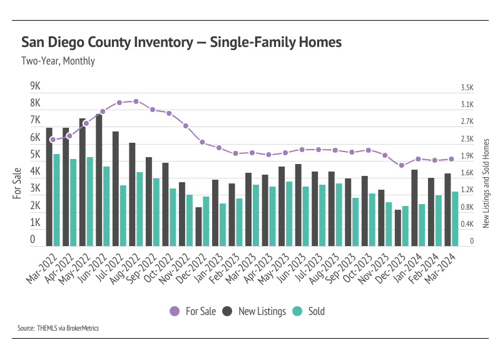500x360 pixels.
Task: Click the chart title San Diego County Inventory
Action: tap(181, 43)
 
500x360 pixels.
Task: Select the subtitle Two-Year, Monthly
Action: tap(58, 61)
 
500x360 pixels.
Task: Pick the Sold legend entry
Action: tap(310, 311)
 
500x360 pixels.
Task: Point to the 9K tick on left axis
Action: tap(35, 86)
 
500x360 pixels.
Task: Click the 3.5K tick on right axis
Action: tap(467, 88)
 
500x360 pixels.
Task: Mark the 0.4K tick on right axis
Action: tap(467, 224)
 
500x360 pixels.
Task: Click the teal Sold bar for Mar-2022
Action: tap(56, 200)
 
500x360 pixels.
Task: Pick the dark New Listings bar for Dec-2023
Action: tap(397, 227)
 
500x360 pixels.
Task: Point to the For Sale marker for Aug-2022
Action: tap(136, 101)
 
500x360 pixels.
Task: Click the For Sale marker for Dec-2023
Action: tap(401, 165)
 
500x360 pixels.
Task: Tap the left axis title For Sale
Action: tap(18, 183)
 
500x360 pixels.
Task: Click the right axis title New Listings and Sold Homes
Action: tap(486, 182)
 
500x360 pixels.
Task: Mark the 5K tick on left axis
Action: tap(35, 154)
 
